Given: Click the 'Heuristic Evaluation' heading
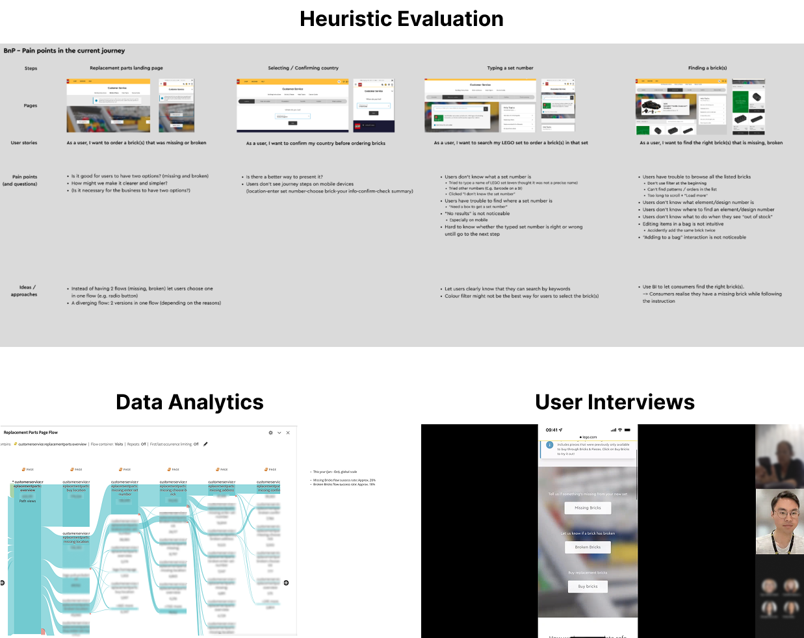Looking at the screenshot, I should [401, 19].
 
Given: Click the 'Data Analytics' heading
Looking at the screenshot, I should [190, 402].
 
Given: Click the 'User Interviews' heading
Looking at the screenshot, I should [614, 402].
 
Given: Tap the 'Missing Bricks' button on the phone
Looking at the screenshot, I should [588, 508].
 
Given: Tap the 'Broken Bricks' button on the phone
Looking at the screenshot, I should [588, 547].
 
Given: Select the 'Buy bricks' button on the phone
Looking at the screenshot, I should [588, 586].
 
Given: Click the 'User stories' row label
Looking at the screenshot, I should [24, 143].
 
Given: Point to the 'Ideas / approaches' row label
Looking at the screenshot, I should [24, 290].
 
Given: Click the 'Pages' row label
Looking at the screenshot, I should [31, 105].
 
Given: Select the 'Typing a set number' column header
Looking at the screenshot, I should [510, 68].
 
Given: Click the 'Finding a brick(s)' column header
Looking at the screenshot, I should [707, 68].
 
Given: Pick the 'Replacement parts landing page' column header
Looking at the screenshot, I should [126, 68].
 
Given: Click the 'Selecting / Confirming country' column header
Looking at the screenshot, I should [303, 68].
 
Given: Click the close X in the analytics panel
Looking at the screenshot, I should [288, 432].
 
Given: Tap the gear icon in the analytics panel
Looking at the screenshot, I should [271, 432].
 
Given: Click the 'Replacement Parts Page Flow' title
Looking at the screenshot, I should [31, 432].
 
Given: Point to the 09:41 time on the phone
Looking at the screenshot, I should [552, 430].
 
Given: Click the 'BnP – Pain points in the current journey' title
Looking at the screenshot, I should [64, 51].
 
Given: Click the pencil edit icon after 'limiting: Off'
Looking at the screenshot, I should [205, 444].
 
